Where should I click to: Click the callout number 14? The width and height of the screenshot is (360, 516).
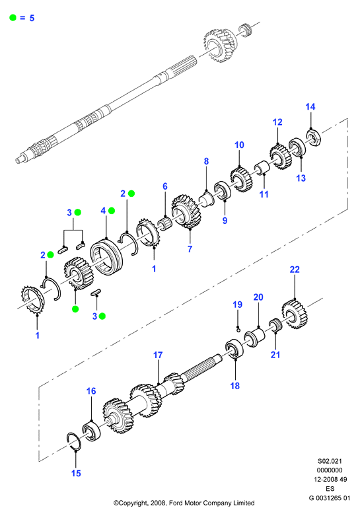(x=310, y=106)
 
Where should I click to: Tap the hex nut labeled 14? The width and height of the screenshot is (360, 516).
(x=314, y=138)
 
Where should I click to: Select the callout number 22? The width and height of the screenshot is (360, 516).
(x=295, y=270)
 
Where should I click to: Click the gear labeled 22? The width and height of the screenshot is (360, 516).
(x=295, y=314)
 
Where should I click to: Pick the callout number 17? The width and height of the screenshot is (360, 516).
(x=158, y=355)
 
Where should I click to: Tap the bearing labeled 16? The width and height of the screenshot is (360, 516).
(x=91, y=431)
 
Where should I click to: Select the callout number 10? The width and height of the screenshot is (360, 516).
(x=239, y=145)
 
